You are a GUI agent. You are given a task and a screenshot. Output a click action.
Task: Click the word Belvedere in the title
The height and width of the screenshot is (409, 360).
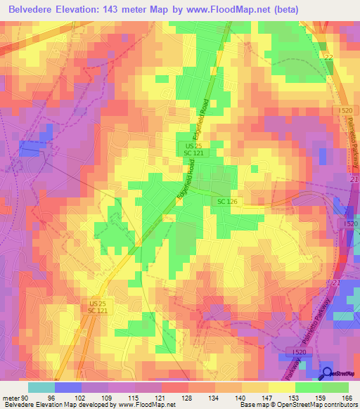[34, 9]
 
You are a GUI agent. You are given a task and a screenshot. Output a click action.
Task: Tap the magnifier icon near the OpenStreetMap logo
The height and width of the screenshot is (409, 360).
[327, 373]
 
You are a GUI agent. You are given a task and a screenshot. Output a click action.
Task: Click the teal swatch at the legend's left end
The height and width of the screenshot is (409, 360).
[41, 387]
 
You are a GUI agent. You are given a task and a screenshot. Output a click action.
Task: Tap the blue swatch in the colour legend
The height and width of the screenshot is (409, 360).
[68, 387]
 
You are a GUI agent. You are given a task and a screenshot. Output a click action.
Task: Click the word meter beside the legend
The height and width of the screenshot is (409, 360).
[11, 398]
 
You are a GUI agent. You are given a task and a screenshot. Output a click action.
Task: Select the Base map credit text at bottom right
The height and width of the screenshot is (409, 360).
[297, 405]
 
